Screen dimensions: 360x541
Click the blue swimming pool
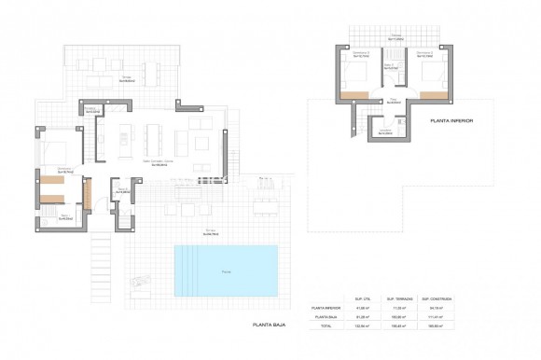pos(226,267)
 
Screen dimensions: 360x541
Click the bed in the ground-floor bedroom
pos(56,150)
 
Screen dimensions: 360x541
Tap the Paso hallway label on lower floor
pos(395,95)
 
